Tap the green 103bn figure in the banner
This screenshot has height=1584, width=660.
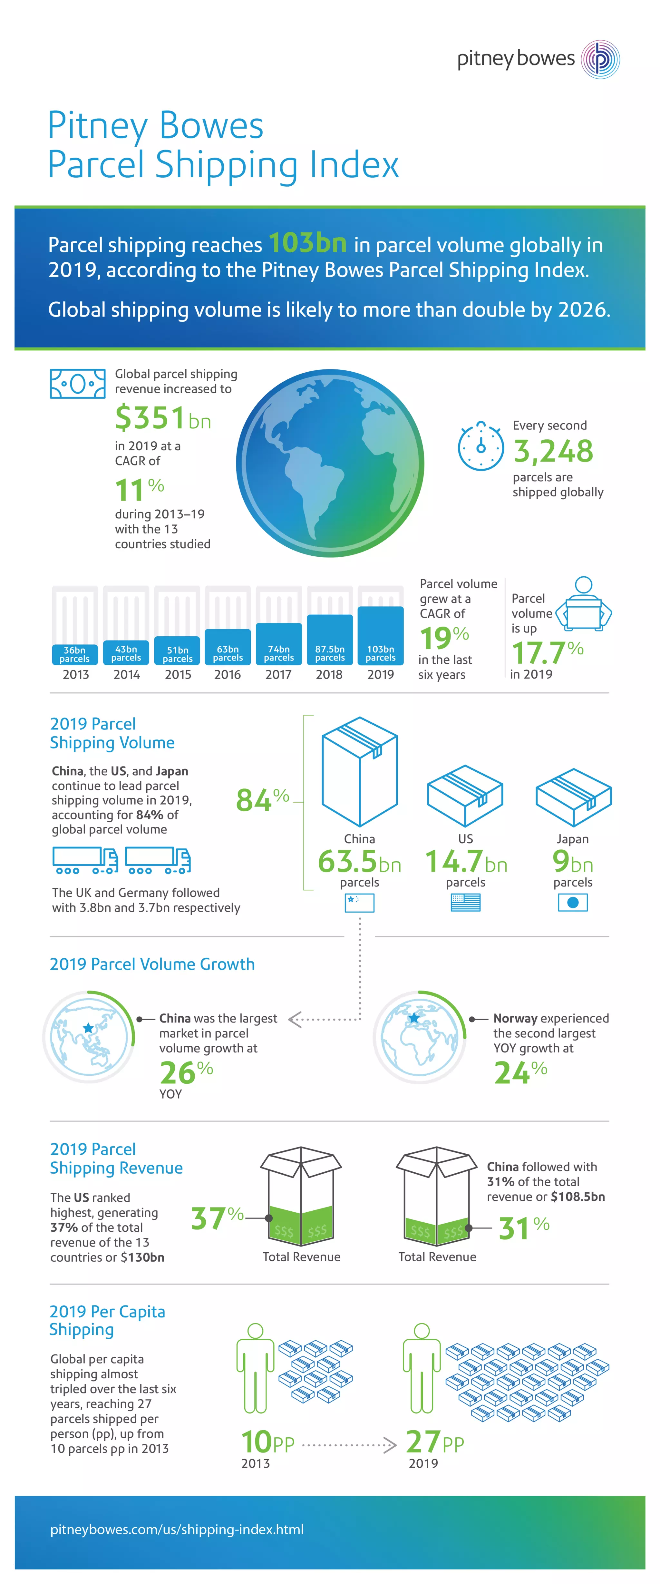point(307,243)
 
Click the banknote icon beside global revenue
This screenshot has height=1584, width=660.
point(77,384)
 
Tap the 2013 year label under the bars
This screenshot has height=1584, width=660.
point(76,675)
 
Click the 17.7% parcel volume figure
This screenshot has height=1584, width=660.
point(546,652)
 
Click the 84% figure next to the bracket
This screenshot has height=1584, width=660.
point(262,799)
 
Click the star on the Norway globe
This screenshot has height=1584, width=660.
point(414,1018)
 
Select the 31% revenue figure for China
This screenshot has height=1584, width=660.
point(524,1228)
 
